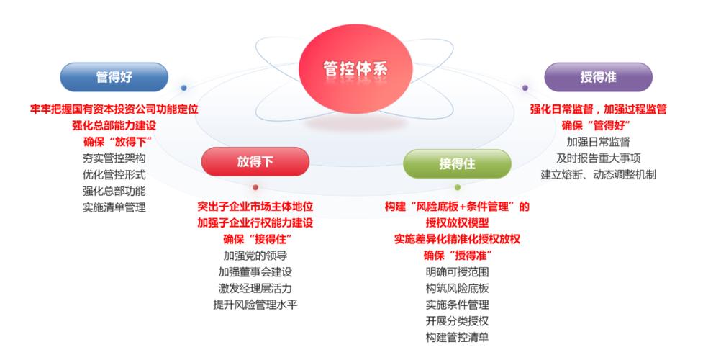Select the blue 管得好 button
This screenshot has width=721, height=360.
click(114, 77)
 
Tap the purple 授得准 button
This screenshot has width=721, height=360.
click(598, 77)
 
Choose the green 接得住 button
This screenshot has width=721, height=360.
click(457, 163)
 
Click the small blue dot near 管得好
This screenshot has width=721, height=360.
click(184, 88)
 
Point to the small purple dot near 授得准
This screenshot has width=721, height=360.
click(525, 88)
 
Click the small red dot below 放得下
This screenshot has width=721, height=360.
click(255, 187)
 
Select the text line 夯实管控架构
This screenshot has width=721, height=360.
click(114, 158)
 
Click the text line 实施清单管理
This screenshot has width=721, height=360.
click(114, 207)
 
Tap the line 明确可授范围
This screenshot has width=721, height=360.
click(457, 272)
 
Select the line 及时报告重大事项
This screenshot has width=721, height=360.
click(598, 158)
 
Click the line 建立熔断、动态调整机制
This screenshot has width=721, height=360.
click(598, 174)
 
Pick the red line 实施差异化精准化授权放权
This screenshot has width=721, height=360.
click(457, 239)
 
